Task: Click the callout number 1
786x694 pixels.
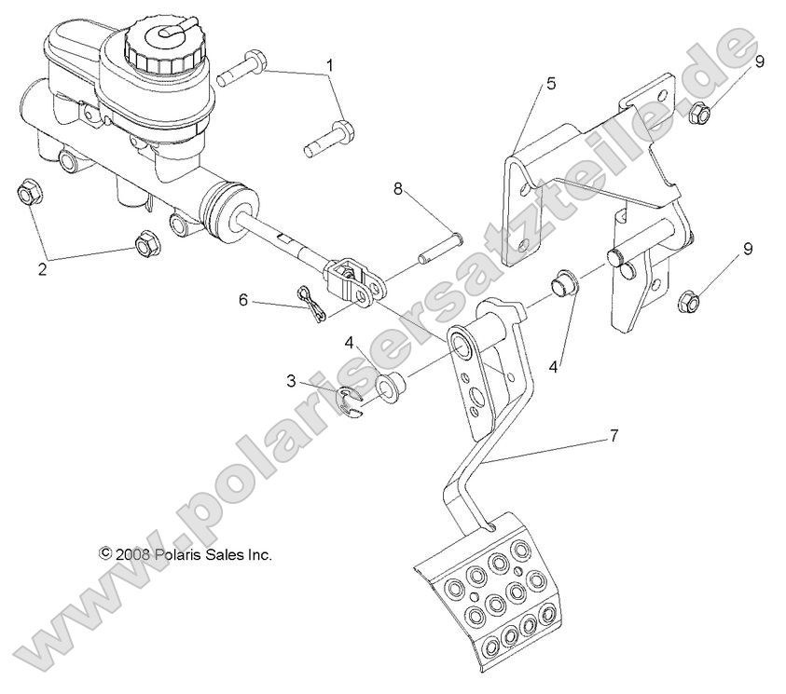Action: click(329, 65)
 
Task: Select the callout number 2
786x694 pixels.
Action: click(41, 270)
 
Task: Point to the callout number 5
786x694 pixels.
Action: click(551, 84)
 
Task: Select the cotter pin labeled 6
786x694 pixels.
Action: click(312, 303)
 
